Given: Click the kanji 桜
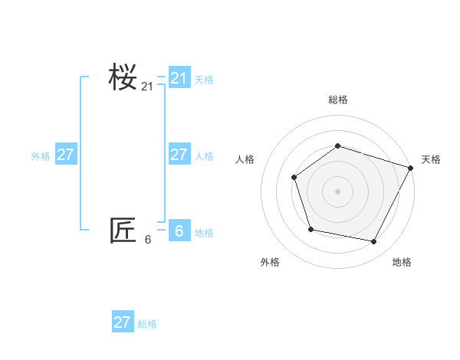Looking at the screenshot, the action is (123, 77).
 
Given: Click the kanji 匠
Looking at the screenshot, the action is (123, 231).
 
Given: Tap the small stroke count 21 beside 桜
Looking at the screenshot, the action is (147, 87).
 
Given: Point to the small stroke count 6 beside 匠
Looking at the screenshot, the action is (148, 240).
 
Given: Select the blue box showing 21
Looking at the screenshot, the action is (179, 78).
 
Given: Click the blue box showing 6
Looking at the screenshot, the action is (179, 231).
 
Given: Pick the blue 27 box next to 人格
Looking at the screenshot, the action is (179, 155).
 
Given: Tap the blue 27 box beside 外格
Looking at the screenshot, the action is (65, 155).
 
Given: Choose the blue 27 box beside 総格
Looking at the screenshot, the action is (122, 322).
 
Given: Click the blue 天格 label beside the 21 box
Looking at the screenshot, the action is (204, 79).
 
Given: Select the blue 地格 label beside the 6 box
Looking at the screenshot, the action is (204, 233).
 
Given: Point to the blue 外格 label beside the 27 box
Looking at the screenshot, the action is (41, 156).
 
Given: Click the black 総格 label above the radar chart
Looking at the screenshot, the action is (337, 100).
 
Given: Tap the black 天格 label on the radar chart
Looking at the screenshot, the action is (431, 159).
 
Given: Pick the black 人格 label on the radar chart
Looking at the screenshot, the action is (245, 159).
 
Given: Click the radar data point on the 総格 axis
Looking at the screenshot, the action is (337, 146).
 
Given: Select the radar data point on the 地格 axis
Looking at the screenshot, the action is (374, 242).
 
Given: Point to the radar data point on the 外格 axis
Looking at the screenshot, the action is (310, 229).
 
